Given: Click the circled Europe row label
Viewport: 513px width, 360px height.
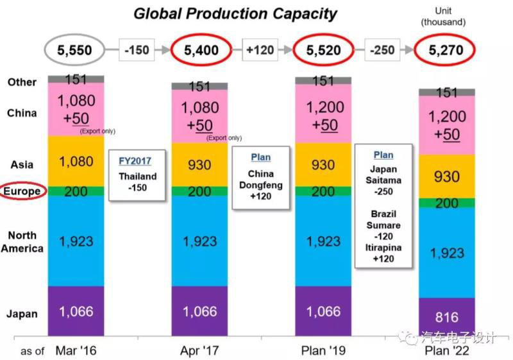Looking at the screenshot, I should (22, 191).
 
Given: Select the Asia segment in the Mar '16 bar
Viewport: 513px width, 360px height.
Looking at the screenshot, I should (76, 160).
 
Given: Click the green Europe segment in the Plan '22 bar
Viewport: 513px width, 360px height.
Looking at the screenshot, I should (446, 203).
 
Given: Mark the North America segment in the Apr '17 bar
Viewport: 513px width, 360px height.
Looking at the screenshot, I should (199, 241).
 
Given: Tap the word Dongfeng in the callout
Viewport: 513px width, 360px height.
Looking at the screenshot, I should (260, 184).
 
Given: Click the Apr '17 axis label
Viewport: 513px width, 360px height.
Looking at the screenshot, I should (199, 351).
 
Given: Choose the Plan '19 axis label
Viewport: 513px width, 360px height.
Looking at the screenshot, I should (323, 351).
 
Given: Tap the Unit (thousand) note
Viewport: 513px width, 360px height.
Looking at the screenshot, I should (442, 17).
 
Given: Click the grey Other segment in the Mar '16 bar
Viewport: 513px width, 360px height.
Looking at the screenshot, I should (76, 79).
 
